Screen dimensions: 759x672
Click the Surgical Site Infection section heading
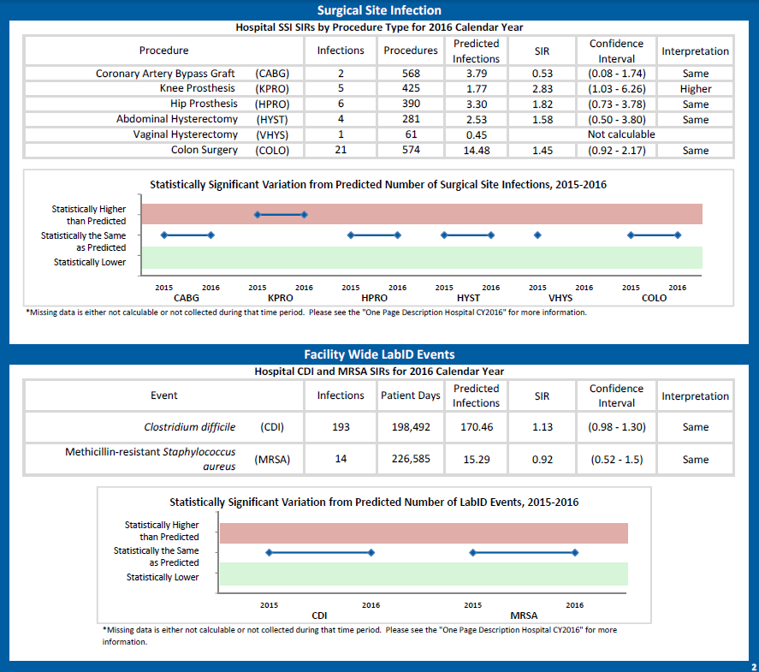pyautogui.click(x=379, y=10)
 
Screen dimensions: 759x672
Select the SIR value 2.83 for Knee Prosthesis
pyautogui.click(x=543, y=88)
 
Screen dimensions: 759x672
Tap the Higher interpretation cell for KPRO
pyautogui.click(x=695, y=88)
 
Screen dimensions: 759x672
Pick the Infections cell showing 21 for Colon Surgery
pyautogui.click(x=341, y=150)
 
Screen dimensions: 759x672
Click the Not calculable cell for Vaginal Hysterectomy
pyautogui.click(x=621, y=134)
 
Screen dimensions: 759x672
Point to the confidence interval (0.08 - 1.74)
pyautogui.click(x=617, y=73)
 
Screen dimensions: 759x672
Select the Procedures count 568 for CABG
pyautogui.click(x=411, y=73)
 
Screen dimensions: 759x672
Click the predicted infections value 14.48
pyautogui.click(x=477, y=151)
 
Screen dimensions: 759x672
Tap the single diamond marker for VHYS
pyautogui.click(x=537, y=235)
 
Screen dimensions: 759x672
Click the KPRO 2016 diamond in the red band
pyautogui.click(x=304, y=215)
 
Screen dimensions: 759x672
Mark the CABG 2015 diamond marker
pyautogui.click(x=164, y=235)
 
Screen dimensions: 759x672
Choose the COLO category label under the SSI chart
pyautogui.click(x=654, y=298)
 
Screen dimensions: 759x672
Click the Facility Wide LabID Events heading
pyautogui.click(x=379, y=354)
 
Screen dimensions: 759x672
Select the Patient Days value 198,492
pyautogui.click(x=411, y=427)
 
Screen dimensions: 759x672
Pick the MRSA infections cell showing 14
pyautogui.click(x=341, y=459)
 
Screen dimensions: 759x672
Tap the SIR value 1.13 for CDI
pyautogui.click(x=543, y=427)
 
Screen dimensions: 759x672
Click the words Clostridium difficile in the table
pyautogui.click(x=190, y=427)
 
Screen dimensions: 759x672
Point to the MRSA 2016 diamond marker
pyautogui.click(x=575, y=552)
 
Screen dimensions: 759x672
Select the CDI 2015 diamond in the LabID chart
pyautogui.click(x=270, y=552)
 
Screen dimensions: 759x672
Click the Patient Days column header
pyautogui.click(x=411, y=395)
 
